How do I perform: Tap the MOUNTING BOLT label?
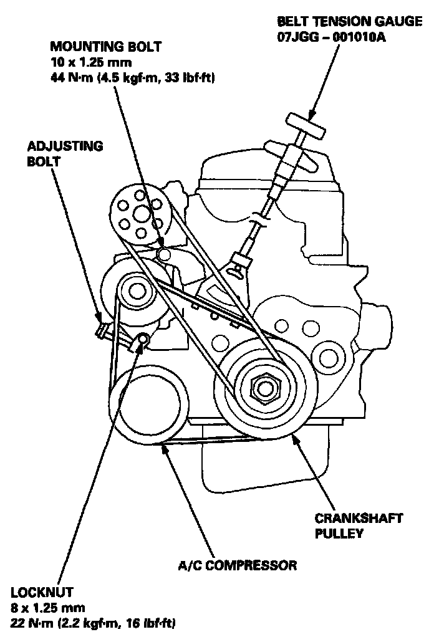[x=105, y=47]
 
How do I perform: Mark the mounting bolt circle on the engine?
[x=164, y=254]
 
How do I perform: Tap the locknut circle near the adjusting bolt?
[x=142, y=340]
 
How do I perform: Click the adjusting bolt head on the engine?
[x=102, y=328]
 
